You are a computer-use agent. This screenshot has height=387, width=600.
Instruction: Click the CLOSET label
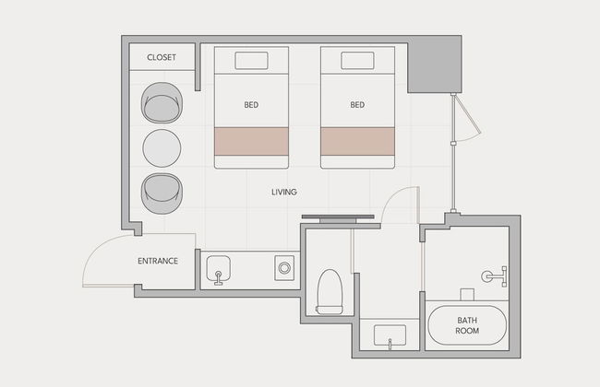click(x=162, y=57)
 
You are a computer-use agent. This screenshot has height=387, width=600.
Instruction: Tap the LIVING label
click(x=284, y=193)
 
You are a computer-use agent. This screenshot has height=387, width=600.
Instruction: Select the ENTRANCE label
click(x=158, y=261)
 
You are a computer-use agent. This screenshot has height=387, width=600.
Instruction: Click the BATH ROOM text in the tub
click(x=467, y=325)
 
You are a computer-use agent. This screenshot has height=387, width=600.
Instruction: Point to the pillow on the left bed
click(x=251, y=61)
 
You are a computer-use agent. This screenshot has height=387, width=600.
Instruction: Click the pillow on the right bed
click(x=357, y=61)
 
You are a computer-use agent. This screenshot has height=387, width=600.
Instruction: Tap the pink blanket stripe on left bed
click(x=251, y=141)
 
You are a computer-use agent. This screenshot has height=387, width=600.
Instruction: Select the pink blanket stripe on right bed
click(x=357, y=141)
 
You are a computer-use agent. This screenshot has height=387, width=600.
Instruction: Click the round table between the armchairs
click(x=162, y=148)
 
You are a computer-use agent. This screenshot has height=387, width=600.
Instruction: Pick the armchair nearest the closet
click(x=162, y=103)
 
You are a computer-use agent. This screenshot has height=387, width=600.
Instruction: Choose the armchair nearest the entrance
click(x=162, y=193)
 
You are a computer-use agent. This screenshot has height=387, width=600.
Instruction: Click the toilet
click(x=330, y=292)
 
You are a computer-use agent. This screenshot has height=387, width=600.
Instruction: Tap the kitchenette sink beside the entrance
click(x=218, y=270)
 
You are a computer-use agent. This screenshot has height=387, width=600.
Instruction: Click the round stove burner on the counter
click(x=284, y=268)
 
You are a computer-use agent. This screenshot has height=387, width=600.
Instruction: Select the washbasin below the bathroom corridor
click(x=390, y=335)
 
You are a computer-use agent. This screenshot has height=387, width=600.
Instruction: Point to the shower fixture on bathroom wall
click(x=495, y=276)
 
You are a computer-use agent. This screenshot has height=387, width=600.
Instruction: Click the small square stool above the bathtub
click(x=467, y=295)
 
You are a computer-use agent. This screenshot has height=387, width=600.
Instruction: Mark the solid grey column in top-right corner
click(x=435, y=64)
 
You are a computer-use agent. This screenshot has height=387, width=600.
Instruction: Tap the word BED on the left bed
click(x=251, y=105)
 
